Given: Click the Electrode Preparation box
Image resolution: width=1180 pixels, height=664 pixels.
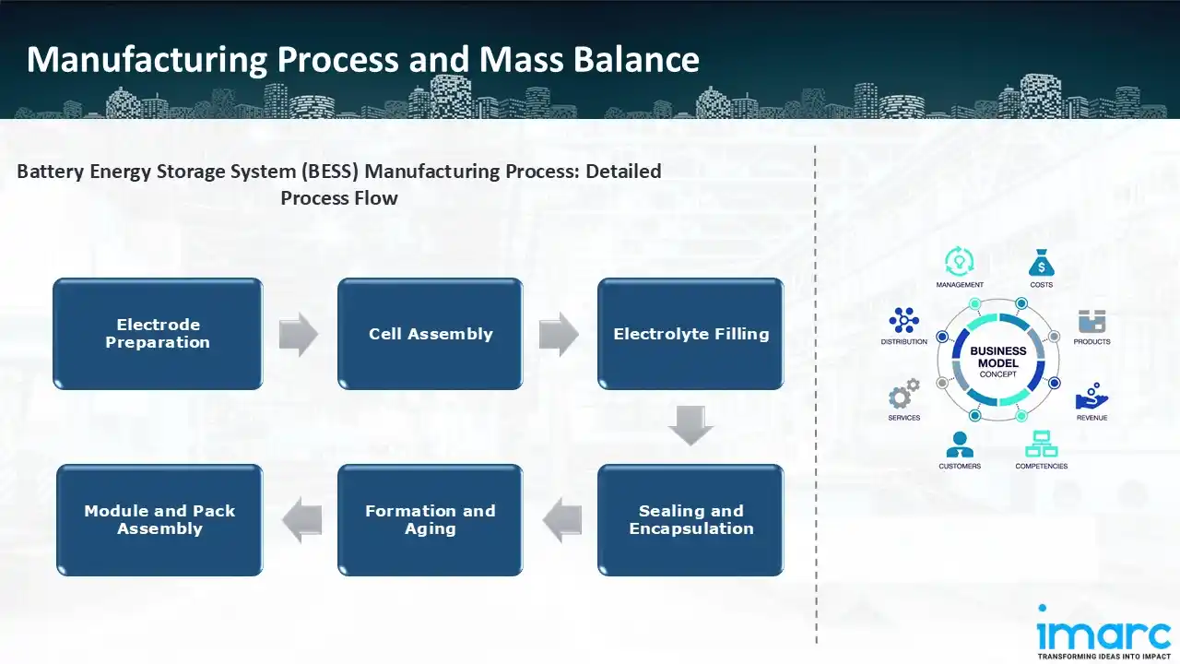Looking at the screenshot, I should (x=158, y=334).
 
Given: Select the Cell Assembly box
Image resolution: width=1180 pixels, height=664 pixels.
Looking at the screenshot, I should (x=431, y=334).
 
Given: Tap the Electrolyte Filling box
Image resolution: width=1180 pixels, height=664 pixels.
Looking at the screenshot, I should (x=690, y=334).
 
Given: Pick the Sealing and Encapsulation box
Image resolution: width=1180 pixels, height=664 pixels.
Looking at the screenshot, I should (x=690, y=520).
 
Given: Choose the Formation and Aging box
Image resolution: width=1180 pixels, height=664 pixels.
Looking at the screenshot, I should (x=431, y=520).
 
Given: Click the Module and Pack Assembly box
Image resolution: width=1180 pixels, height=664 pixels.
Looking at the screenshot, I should (x=159, y=520).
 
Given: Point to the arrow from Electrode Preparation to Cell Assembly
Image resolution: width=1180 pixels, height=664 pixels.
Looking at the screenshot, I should (x=299, y=334).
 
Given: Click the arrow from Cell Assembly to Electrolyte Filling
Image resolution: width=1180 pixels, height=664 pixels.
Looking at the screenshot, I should (x=559, y=334).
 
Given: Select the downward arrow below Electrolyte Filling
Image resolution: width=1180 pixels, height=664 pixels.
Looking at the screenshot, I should (x=690, y=425).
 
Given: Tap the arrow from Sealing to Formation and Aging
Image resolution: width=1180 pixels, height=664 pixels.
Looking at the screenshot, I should (x=561, y=520).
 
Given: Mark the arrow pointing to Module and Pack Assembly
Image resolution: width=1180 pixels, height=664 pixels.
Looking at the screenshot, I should (x=301, y=520).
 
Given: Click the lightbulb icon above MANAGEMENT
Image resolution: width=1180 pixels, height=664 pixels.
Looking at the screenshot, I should (x=959, y=262).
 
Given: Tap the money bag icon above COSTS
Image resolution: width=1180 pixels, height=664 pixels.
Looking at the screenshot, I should (x=1041, y=263).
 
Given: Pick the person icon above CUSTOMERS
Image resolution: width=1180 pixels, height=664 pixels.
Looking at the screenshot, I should (x=959, y=445).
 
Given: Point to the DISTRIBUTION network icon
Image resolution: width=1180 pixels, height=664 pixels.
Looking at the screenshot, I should (x=903, y=321).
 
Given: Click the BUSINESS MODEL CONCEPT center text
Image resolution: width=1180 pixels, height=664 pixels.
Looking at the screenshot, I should (x=998, y=362).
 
